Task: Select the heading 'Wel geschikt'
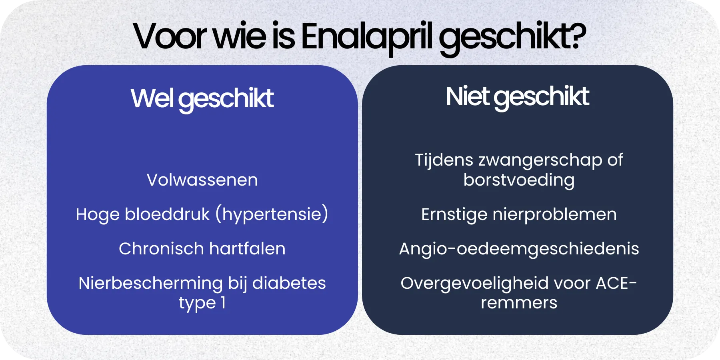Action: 202,98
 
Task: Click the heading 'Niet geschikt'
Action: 517,97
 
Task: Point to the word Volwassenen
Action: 202,180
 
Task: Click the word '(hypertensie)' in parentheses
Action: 272,214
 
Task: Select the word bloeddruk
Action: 167,214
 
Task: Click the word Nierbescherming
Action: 150,283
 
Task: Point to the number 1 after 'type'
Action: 223,303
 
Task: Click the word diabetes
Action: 289,283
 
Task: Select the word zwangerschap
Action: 540,160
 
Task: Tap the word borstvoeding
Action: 519,180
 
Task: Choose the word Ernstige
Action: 454,214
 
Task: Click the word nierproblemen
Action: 554,215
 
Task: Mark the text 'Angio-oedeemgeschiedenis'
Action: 519,249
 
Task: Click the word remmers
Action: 519,303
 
